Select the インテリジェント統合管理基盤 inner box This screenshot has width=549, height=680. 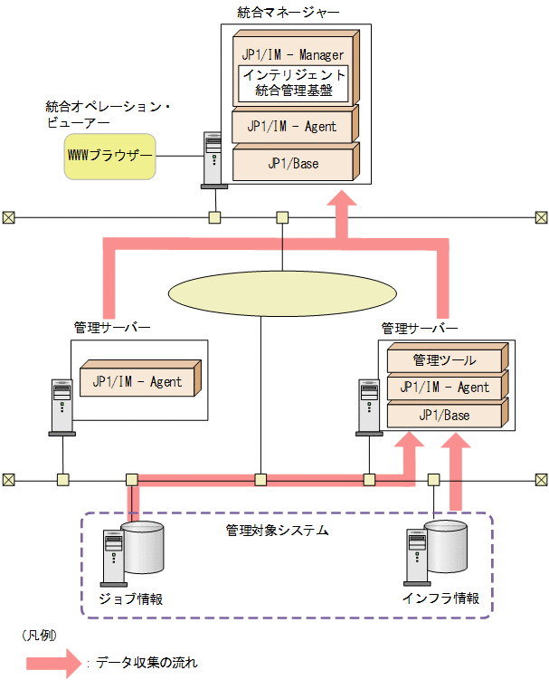click(293, 82)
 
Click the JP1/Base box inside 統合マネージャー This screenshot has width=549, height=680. click(292, 164)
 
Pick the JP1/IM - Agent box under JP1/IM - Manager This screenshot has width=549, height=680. click(292, 126)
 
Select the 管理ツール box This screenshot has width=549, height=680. click(444, 360)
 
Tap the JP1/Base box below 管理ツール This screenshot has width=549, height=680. click(444, 415)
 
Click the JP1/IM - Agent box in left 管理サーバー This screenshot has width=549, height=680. click(137, 381)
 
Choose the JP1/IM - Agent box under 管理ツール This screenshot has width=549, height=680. click(444, 388)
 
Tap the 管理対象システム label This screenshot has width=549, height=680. click(277, 529)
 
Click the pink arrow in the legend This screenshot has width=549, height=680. click(55, 662)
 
